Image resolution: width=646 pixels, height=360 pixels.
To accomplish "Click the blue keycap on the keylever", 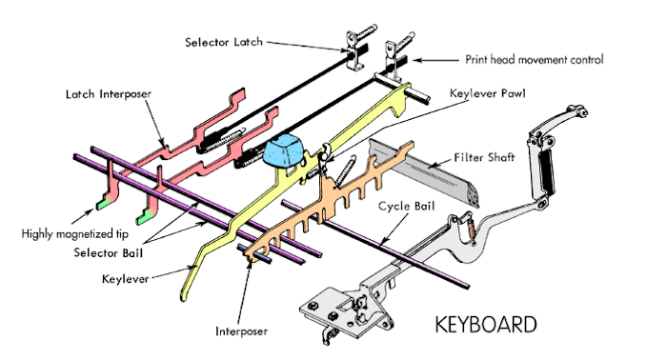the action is (x=285, y=150).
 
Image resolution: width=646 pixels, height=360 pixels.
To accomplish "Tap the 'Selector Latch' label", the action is (x=223, y=42).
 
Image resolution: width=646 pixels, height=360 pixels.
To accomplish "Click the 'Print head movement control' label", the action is (x=535, y=60).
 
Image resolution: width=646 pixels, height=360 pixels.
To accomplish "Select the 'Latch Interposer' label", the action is (x=109, y=94).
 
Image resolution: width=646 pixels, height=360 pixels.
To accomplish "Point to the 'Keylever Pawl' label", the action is (x=488, y=93).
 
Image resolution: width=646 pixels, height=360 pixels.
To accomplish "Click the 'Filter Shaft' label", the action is (x=484, y=157).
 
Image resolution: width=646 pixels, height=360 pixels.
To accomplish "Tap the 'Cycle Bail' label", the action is (x=406, y=206).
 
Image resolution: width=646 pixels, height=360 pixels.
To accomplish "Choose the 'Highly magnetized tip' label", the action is (x=75, y=234).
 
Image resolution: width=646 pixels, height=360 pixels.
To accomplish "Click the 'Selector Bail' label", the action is (x=109, y=252).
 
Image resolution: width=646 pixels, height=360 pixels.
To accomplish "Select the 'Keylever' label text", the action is (x=125, y=279).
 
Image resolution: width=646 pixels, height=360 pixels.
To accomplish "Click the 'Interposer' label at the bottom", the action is (x=241, y=331).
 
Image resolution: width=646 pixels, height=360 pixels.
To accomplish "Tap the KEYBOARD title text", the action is (x=486, y=325).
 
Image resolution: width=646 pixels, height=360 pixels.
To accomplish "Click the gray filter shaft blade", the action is (x=424, y=173).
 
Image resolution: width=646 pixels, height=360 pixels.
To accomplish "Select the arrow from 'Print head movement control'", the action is (x=435, y=60).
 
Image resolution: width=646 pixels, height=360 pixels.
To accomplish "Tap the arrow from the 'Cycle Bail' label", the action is (x=394, y=229).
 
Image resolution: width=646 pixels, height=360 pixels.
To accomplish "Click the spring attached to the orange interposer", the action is (x=344, y=170).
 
